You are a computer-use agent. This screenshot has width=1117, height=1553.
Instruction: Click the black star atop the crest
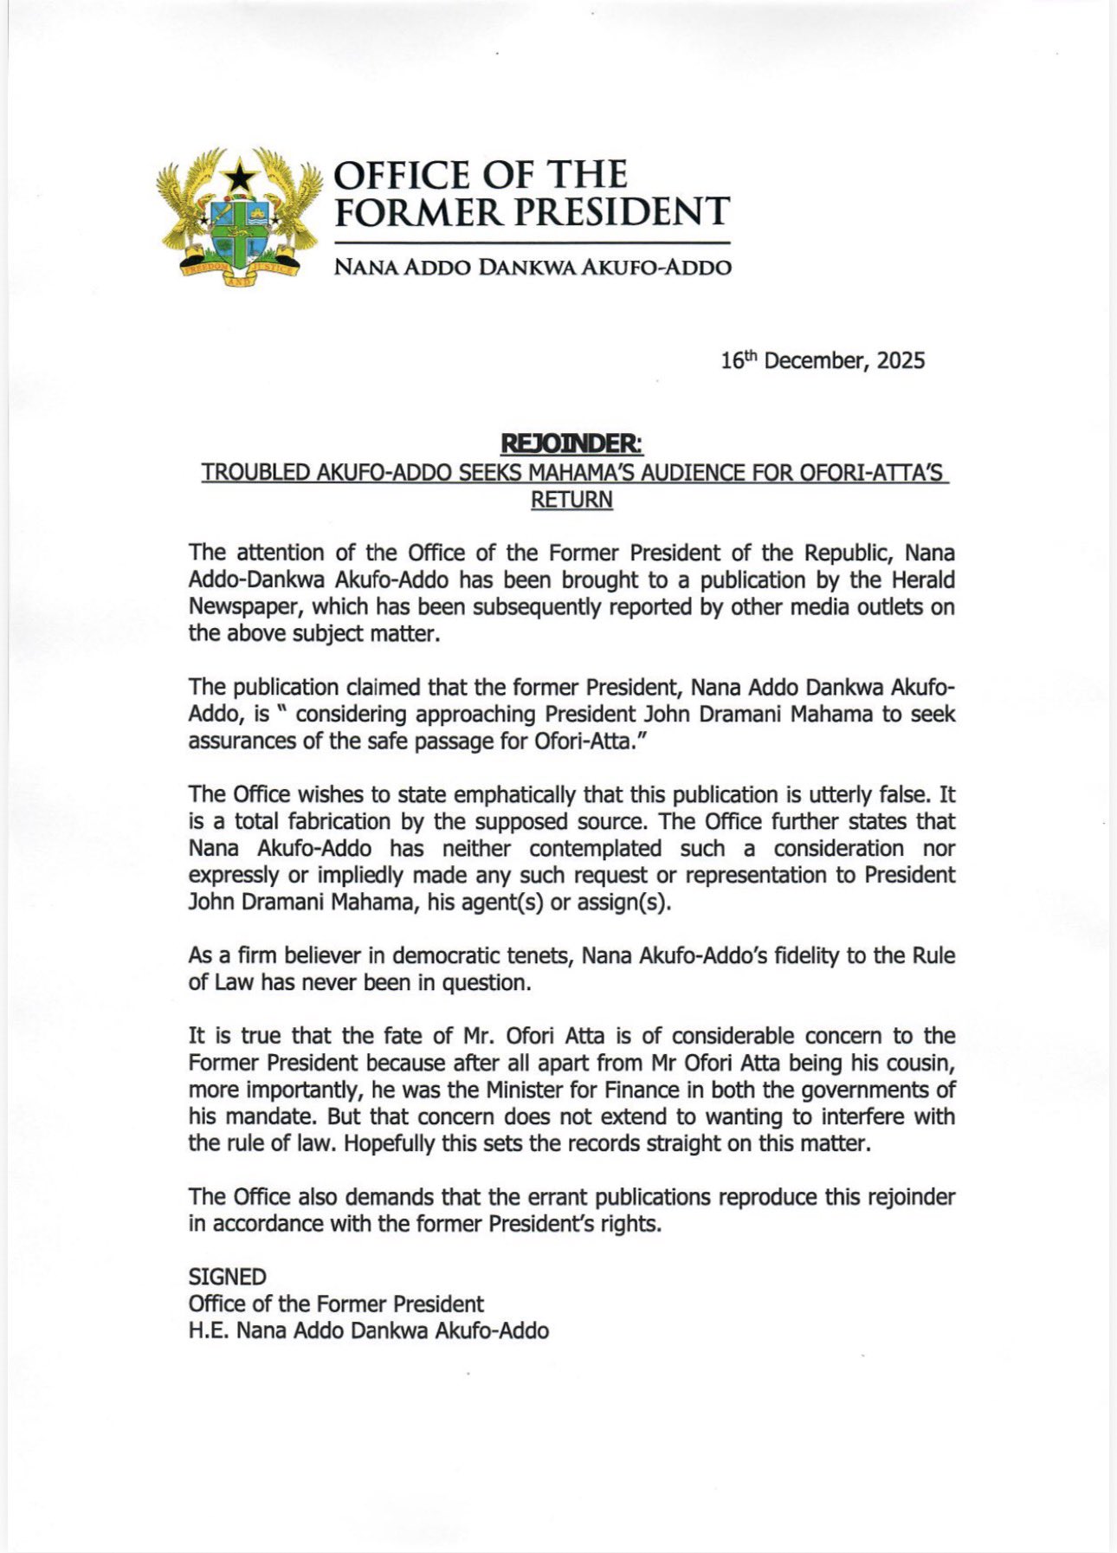pos(240,178)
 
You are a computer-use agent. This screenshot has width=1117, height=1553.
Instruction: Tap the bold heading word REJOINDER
pos(571,443)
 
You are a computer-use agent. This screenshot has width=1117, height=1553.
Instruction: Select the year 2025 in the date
pos(901,360)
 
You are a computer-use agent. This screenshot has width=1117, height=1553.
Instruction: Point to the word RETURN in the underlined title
pos(571,500)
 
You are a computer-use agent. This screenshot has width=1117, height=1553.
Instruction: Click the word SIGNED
pos(227,1277)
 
